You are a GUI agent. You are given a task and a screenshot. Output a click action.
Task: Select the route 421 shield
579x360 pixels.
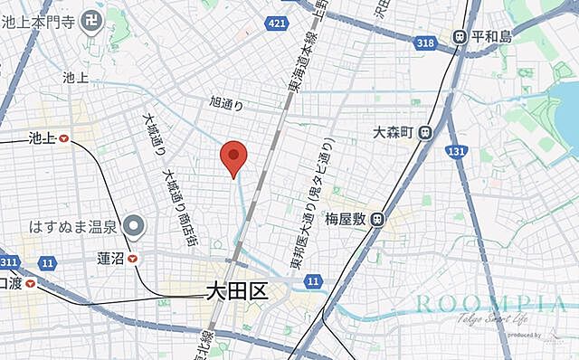pyautogui.click(x=277, y=23)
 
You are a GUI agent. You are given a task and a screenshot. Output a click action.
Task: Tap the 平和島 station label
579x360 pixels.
pyautogui.click(x=494, y=37)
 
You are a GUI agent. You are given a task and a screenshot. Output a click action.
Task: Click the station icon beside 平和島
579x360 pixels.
pyautogui.click(x=460, y=37)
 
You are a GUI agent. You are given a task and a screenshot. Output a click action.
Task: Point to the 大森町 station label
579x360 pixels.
pyautogui.click(x=393, y=132)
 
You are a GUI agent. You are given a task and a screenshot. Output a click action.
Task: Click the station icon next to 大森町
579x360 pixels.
pyautogui.click(x=426, y=132)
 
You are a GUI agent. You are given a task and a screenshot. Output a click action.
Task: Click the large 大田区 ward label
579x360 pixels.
pyautogui.click(x=233, y=291)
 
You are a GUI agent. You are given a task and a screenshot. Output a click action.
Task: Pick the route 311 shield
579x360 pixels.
pyautogui.click(x=9, y=262)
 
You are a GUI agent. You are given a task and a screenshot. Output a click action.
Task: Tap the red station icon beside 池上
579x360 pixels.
pyautogui.click(x=62, y=138)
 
